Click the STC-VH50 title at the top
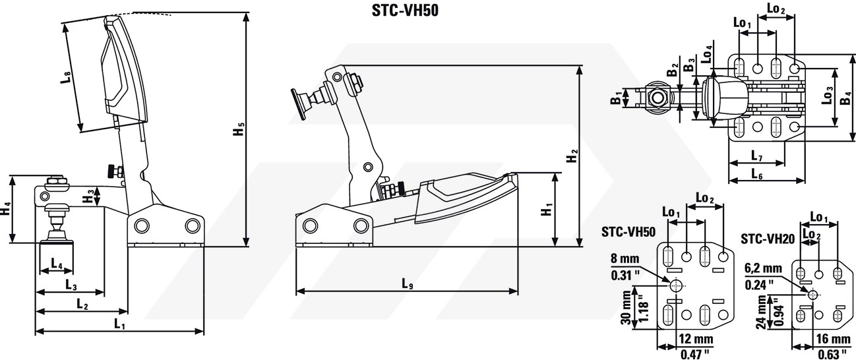(405, 11)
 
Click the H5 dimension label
(239, 129)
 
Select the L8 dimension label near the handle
(66, 77)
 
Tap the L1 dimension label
(119, 324)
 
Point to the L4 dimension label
(57, 263)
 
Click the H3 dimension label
(88, 197)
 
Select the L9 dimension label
(408, 284)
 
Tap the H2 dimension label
(572, 156)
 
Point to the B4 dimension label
(845, 98)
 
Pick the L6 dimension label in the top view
(757, 175)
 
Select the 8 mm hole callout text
(625, 258)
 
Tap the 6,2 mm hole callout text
(763, 268)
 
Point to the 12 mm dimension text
(696, 339)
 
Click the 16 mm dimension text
(833, 339)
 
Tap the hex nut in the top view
(657, 98)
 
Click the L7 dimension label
(757, 156)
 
